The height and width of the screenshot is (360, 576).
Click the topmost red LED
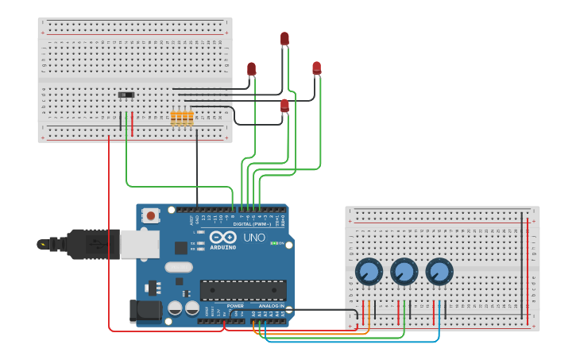pos(284,38)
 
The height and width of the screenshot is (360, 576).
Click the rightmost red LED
pos(317,68)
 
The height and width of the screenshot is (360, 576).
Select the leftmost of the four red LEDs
pos(252,69)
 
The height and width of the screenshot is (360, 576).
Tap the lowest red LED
pos(284,105)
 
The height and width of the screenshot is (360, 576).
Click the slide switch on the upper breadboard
pos(126,95)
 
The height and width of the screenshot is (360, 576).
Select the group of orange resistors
pos(182,118)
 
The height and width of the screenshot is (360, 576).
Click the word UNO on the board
pos(254,238)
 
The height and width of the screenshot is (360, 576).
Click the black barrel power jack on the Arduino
pos(145,310)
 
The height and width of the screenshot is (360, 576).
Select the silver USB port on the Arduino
pos(140,244)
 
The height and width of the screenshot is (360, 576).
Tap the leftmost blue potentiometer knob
pos(369,272)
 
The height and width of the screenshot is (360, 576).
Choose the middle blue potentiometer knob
pos(404,272)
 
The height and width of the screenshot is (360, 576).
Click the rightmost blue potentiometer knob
pos(439,272)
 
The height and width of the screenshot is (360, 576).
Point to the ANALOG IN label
pos(270,306)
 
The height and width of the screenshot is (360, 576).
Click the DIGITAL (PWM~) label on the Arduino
pos(253,224)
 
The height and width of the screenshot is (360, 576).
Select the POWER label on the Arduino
pos(235,306)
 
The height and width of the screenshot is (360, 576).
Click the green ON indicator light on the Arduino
pos(275,243)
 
